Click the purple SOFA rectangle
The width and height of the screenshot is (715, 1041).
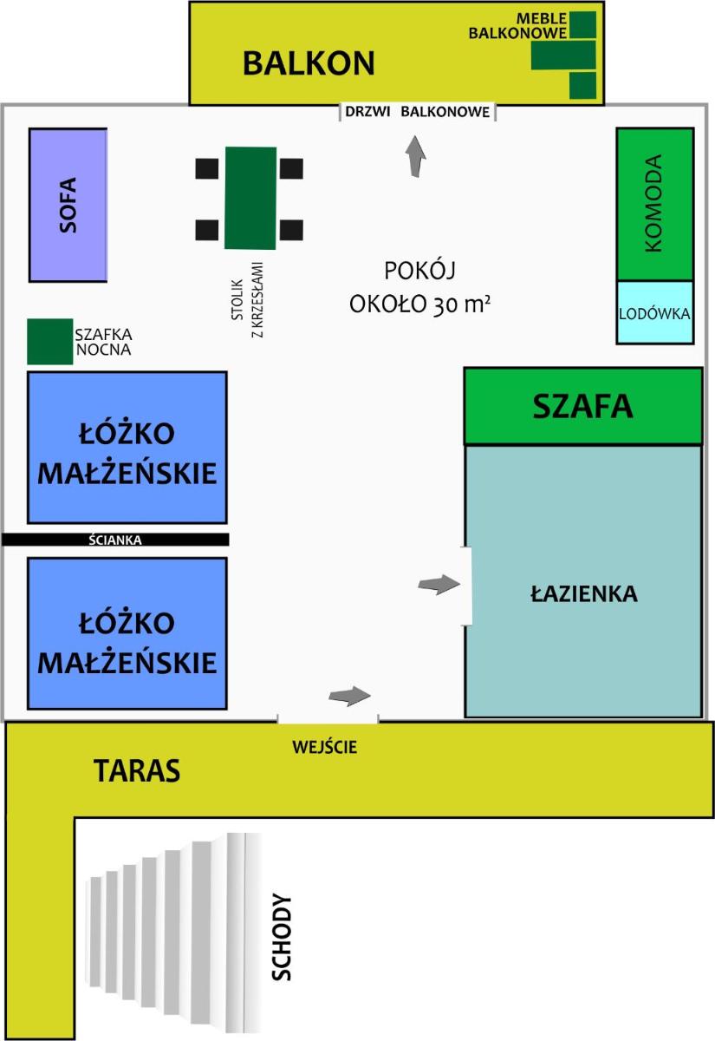68,205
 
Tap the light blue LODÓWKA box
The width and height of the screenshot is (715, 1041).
655,313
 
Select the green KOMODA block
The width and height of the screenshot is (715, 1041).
655,204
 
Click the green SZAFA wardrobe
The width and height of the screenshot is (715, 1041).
583,406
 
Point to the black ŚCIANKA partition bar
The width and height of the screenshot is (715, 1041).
115,540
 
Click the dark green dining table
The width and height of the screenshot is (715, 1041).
250,198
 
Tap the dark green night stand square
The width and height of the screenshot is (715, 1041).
50,342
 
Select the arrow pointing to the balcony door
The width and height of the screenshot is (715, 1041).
415,156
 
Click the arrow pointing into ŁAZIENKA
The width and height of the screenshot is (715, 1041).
439,584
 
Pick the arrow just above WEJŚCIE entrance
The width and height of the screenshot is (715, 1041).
349,696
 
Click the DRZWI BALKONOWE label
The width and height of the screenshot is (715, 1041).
418,112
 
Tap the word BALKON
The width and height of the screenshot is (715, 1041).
309,63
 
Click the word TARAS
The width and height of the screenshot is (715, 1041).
137,770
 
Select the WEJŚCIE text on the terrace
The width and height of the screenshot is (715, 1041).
324,747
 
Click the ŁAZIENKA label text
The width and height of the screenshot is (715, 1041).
584,593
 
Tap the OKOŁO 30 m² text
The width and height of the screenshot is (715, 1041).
419,304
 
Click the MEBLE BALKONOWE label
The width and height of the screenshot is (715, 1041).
517,25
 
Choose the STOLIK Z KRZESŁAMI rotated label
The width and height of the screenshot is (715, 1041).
247,300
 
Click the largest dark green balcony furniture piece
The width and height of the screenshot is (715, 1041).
563,55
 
